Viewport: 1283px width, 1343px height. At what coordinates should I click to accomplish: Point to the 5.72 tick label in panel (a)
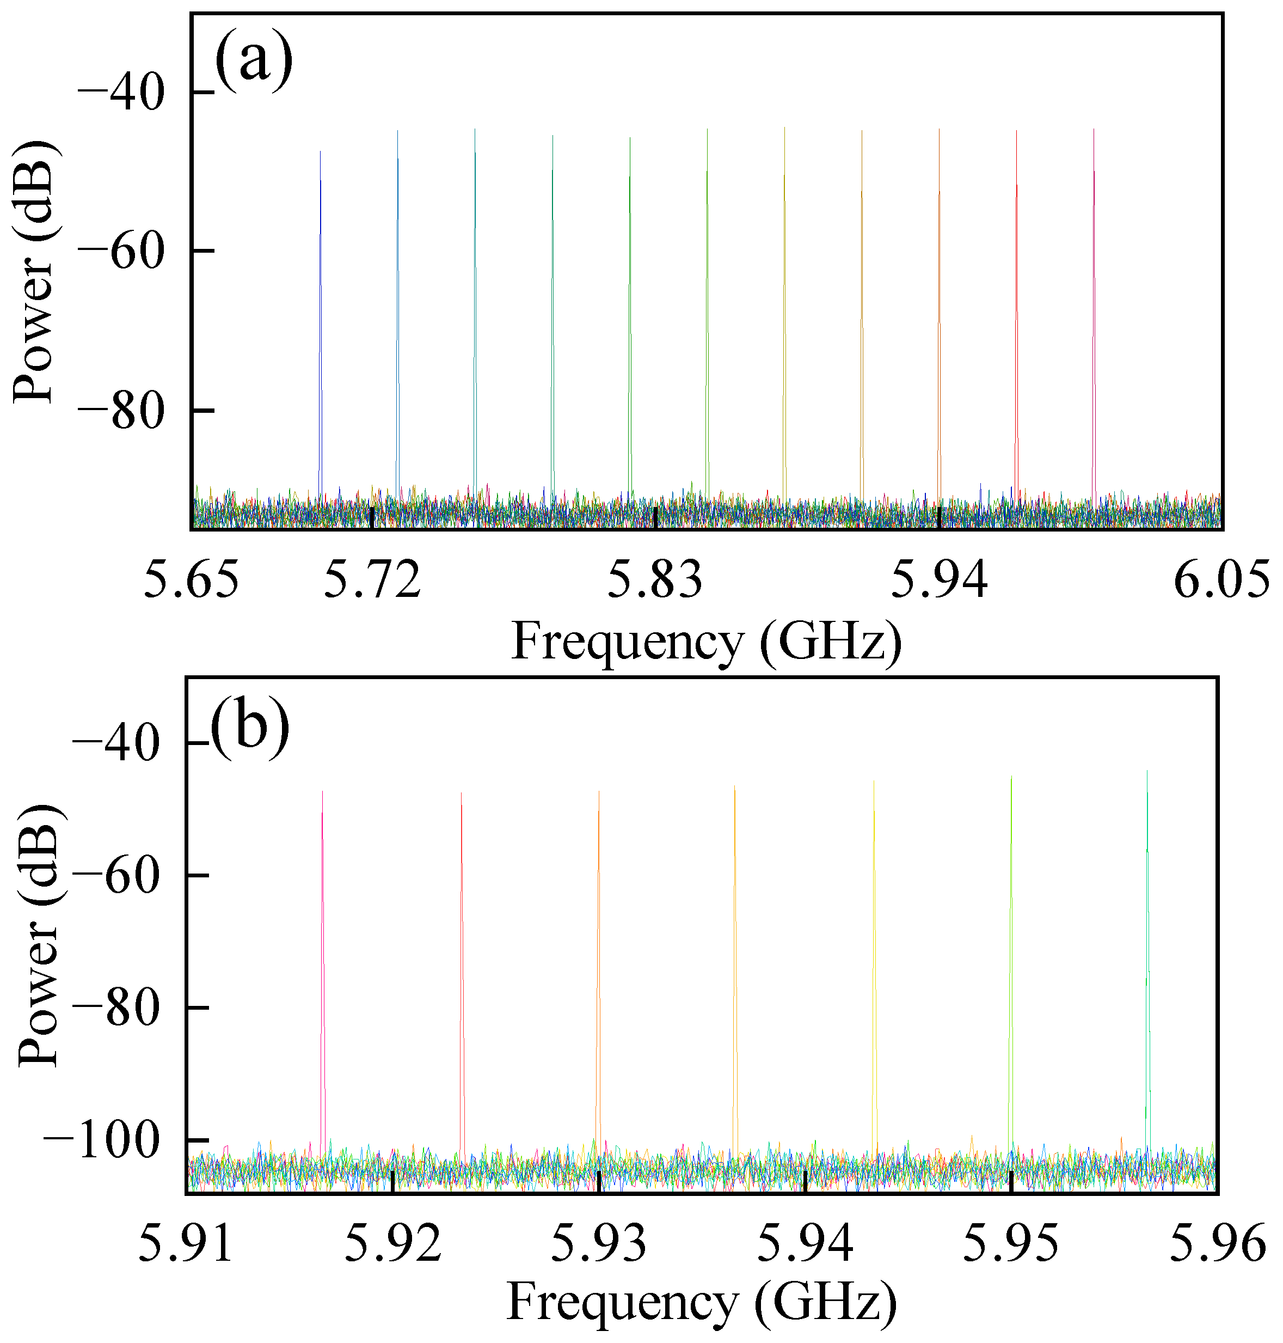[372, 579]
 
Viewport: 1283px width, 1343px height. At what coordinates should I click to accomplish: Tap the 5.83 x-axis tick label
[655, 579]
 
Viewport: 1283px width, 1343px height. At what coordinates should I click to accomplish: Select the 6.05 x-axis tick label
[1221, 579]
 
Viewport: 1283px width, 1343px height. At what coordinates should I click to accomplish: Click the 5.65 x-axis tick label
[192, 579]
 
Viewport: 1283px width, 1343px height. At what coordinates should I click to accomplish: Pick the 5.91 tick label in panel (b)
[186, 1243]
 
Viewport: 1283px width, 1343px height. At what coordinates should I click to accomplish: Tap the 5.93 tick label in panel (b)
[599, 1243]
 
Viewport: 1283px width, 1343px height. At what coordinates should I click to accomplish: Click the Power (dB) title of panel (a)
[34, 272]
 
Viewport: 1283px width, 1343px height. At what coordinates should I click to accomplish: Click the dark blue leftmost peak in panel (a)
[320, 308]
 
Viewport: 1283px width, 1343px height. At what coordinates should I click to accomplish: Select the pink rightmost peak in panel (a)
[1094, 308]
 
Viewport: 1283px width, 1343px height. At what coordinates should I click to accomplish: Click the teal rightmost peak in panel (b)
[1147, 958]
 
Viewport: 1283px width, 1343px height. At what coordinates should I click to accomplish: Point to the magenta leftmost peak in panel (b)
[322, 958]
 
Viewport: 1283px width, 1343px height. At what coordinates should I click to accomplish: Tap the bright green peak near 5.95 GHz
[1011, 958]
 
